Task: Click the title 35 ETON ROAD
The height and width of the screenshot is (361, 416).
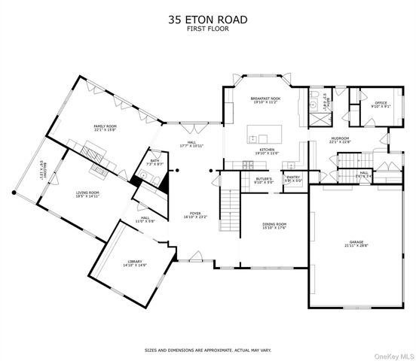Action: pos(207,22)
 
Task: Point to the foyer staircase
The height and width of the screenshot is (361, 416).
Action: pos(228,202)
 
